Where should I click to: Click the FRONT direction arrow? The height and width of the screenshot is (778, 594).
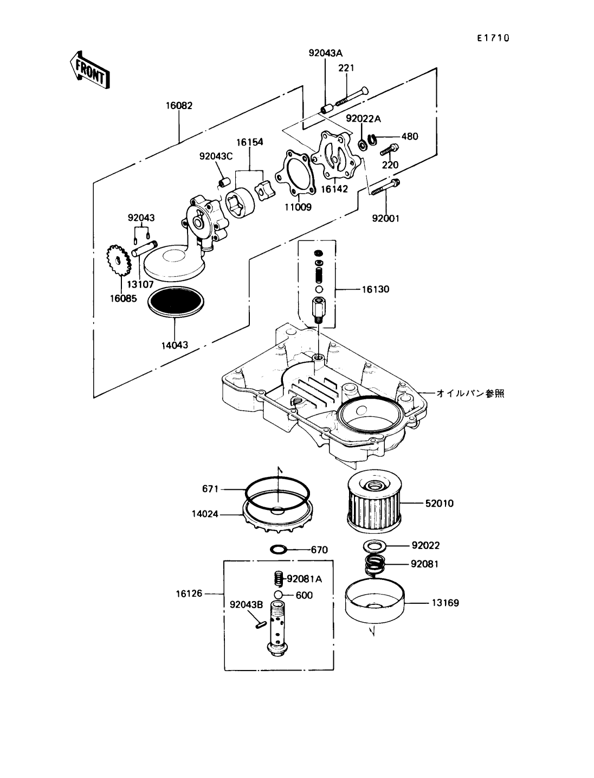(90, 70)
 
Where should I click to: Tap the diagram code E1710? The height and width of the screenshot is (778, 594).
(493, 38)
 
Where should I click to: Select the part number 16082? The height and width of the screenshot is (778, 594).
(179, 106)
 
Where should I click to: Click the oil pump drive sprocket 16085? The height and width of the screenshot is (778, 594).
(118, 262)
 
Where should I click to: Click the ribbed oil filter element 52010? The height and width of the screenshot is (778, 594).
(374, 503)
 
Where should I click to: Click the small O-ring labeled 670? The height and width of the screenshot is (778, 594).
(279, 550)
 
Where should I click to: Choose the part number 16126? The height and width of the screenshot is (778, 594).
(189, 594)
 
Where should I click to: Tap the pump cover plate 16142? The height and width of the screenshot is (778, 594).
(337, 157)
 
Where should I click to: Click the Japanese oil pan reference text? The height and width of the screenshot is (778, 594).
(470, 393)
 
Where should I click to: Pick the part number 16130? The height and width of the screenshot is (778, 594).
(375, 290)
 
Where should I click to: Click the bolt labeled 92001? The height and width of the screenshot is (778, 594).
(385, 187)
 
